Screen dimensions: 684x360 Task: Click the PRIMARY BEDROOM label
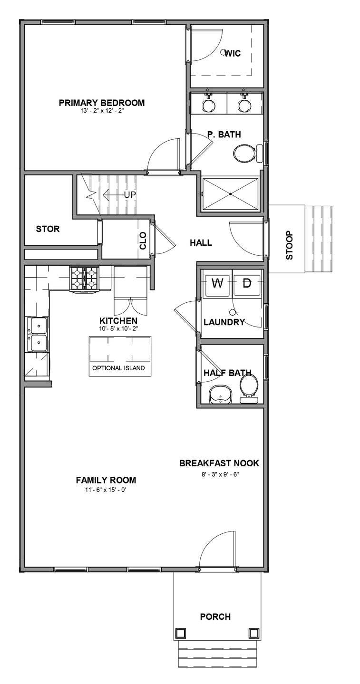[101, 103]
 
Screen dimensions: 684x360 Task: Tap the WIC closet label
[233, 54]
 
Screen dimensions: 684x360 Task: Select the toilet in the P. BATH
[245, 153]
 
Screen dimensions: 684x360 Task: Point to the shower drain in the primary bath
[231, 194]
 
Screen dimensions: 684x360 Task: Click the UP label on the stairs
[130, 195]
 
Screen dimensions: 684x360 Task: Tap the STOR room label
[48, 229]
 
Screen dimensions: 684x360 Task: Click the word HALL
[201, 243]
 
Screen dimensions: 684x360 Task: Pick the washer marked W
[217, 284]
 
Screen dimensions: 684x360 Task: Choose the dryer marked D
[247, 284]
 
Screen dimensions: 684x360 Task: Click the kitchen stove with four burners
[84, 279]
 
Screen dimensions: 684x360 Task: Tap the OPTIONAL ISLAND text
[118, 368]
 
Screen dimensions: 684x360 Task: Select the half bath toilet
[248, 385]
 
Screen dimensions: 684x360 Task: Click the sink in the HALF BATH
[220, 395]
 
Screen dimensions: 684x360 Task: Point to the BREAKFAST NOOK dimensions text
[219, 474]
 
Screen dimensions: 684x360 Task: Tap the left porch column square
[180, 633]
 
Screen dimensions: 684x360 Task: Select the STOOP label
[290, 245]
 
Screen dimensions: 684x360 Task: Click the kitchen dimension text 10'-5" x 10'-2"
[118, 328]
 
